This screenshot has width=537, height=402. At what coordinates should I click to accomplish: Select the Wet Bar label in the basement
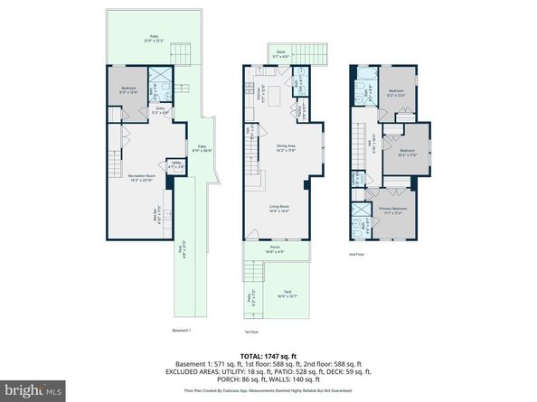click(131, 215)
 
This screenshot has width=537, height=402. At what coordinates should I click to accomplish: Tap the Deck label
click(280, 53)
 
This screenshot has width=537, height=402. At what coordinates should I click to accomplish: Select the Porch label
click(275, 249)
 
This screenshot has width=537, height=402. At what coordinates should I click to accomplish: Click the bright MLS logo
click(33, 389)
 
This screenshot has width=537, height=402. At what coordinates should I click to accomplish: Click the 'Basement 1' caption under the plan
click(182, 331)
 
